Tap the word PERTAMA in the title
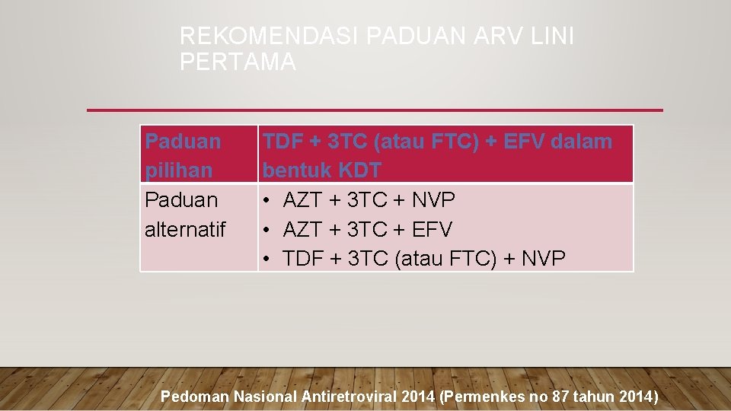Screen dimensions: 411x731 (238, 62)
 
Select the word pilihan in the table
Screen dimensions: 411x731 (178, 170)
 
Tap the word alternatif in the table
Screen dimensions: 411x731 (185, 229)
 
